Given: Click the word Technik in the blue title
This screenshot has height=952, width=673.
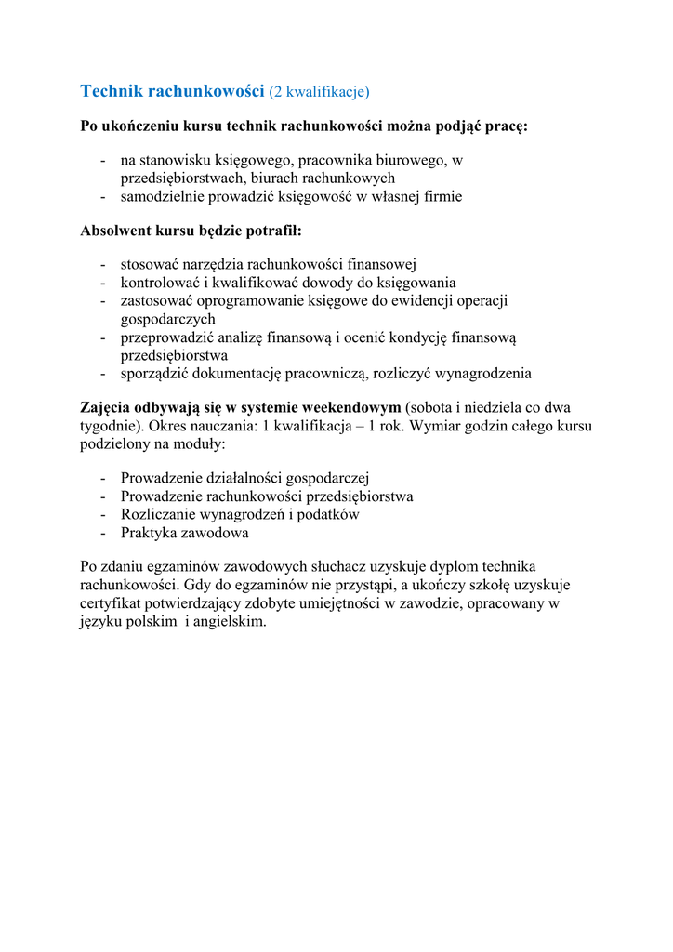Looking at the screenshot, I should [112, 91].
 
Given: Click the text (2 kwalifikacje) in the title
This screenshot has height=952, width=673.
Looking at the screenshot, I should [319, 91].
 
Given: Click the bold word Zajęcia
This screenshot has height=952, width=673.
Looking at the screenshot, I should [106, 408].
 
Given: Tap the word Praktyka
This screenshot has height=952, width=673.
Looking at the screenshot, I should [149, 533].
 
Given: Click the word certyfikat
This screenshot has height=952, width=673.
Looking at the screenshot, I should [111, 603].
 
